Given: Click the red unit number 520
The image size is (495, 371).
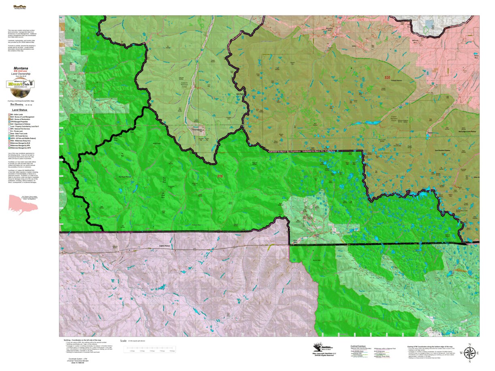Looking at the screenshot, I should point(387,78).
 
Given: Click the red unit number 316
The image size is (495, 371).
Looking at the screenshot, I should point(220,176).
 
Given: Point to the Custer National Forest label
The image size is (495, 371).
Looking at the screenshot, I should point(393,119).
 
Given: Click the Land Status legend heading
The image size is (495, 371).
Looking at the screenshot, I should point(19,110).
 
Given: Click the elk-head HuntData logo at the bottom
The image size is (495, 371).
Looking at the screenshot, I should point(323,348).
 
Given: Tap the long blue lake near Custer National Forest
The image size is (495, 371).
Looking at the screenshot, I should point(372,122).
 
